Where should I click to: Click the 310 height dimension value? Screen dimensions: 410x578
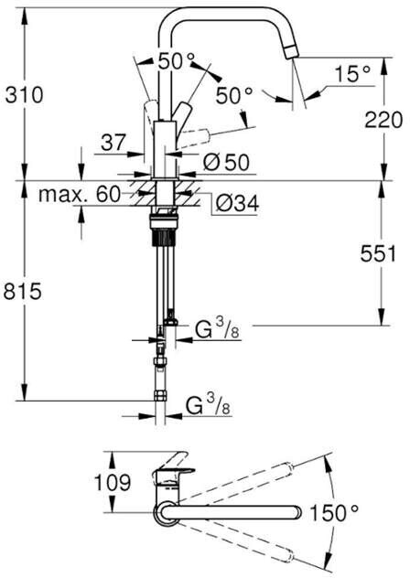25,95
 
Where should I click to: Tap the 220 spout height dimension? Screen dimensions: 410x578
383,120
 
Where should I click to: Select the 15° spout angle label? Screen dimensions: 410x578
352,73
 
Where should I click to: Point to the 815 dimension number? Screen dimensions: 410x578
23,292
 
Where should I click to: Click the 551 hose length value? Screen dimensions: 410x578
378,253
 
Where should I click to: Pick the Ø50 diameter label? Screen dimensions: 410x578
226,162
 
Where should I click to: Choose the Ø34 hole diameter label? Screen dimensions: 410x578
237,203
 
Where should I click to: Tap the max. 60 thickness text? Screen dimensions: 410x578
80,194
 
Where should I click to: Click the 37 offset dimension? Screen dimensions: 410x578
113,143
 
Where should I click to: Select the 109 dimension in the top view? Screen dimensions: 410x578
113,482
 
